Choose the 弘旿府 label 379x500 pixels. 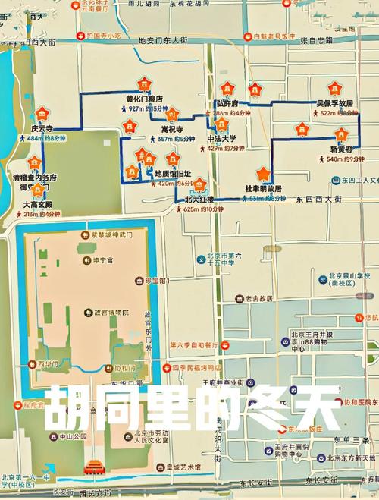227,102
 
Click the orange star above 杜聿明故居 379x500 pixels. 263,173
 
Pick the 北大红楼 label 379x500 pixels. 199,200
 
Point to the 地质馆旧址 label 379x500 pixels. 174,173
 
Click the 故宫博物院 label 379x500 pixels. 111,312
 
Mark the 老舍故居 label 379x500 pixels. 260,298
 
